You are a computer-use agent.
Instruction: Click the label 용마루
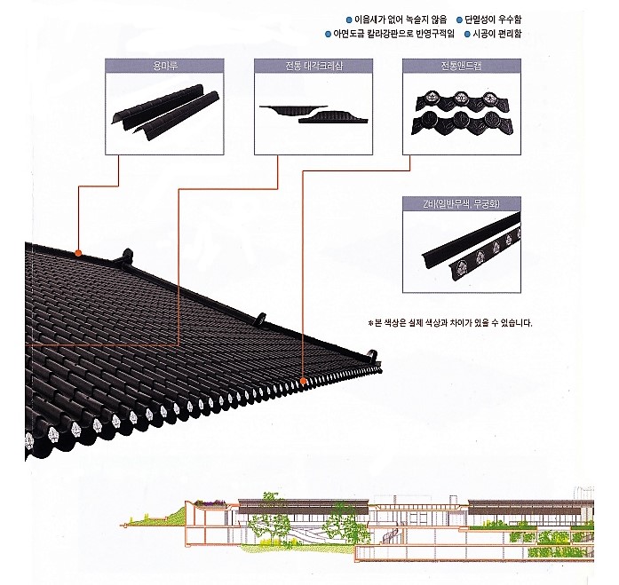(162, 65)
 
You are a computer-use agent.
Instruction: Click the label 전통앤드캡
(459, 65)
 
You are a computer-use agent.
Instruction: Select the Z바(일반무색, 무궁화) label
(459, 203)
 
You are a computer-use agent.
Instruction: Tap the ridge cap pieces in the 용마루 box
(162, 110)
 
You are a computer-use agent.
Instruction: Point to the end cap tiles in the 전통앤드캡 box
(459, 111)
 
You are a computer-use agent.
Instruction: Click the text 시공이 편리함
(498, 35)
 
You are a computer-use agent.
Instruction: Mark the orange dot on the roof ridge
(79, 253)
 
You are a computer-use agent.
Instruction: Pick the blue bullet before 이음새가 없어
(347, 20)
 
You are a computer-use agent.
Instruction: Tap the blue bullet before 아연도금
(328, 35)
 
